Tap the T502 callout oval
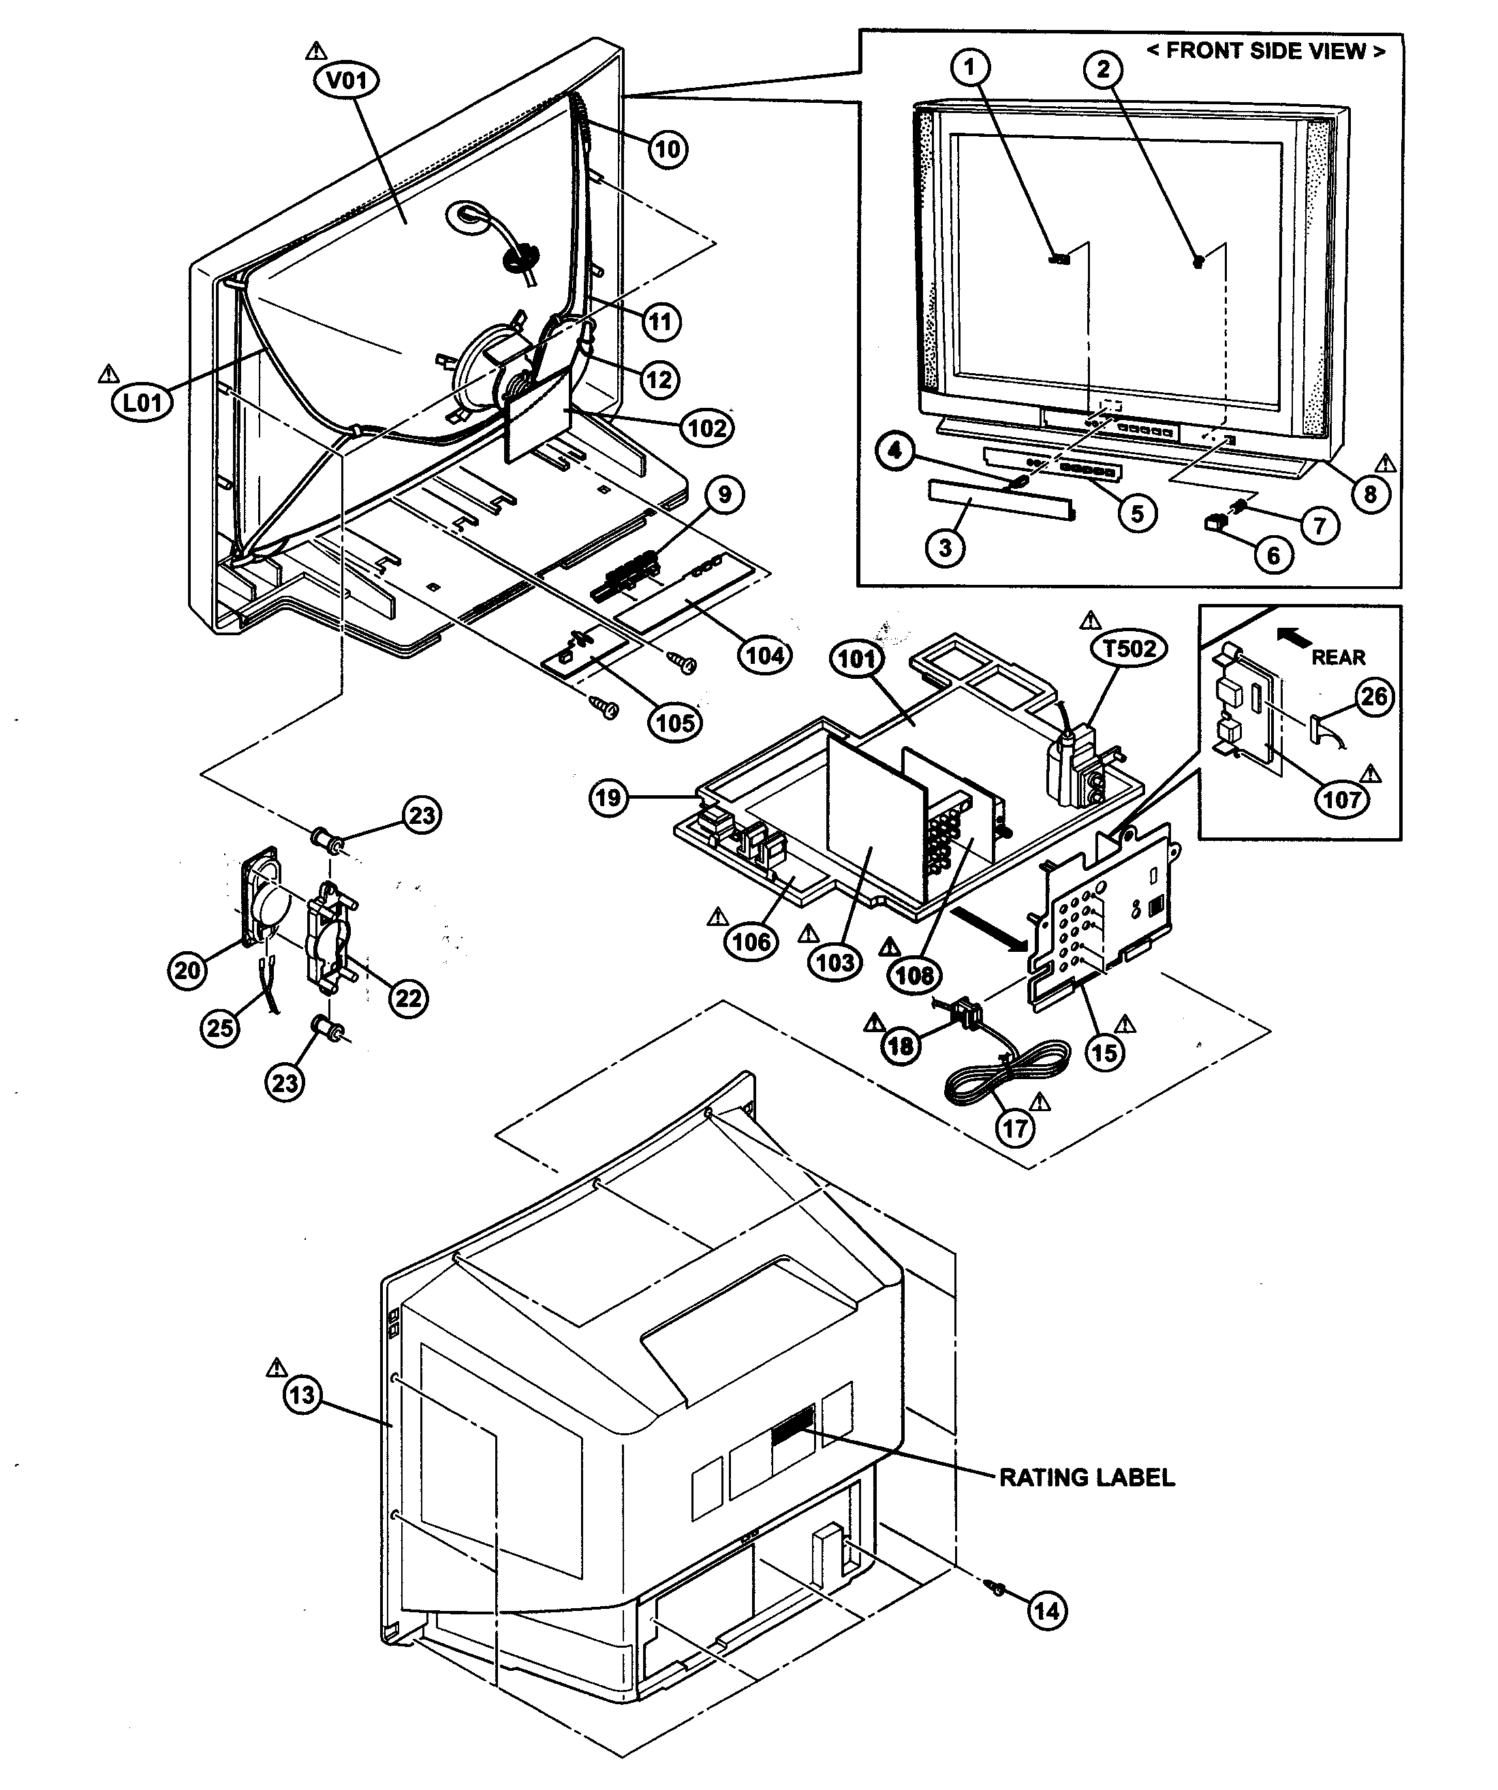click(1129, 649)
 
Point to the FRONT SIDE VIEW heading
click(1265, 51)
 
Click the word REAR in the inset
click(1338, 657)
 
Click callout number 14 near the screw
click(1046, 1610)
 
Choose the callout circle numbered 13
click(302, 1395)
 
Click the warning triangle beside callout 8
click(1386, 462)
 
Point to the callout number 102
click(707, 427)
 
